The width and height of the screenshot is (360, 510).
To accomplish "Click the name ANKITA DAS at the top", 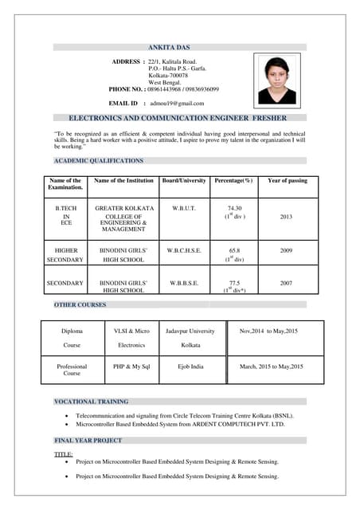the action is click(178, 47).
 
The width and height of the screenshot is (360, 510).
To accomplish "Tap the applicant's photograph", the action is click(276, 80).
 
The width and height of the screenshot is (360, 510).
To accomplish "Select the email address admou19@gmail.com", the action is click(178, 103).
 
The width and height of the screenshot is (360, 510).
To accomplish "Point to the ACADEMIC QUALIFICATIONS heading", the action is click(99, 161).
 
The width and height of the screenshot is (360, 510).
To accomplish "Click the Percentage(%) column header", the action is click(233, 181).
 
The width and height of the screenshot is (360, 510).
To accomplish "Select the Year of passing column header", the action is click(287, 181).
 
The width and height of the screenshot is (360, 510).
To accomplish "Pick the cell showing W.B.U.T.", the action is click(184, 208).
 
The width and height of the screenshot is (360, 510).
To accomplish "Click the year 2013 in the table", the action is click(287, 217).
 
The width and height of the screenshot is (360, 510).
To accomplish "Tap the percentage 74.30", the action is click(234, 208).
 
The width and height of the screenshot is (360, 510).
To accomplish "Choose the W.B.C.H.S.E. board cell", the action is click(184, 250).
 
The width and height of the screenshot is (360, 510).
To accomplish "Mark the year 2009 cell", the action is click(287, 250).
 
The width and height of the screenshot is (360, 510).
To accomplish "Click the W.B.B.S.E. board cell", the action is click(184, 283).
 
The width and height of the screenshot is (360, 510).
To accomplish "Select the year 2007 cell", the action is click(287, 283).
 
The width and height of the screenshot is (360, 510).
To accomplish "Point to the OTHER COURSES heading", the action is click(80, 304).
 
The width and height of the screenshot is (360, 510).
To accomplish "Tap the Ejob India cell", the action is click(190, 367).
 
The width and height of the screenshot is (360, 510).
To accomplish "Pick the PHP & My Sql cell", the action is click(131, 367).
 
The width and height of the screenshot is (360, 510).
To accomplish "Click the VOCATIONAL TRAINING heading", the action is click(90, 402).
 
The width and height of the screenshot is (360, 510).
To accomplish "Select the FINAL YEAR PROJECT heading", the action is click(88, 440).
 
